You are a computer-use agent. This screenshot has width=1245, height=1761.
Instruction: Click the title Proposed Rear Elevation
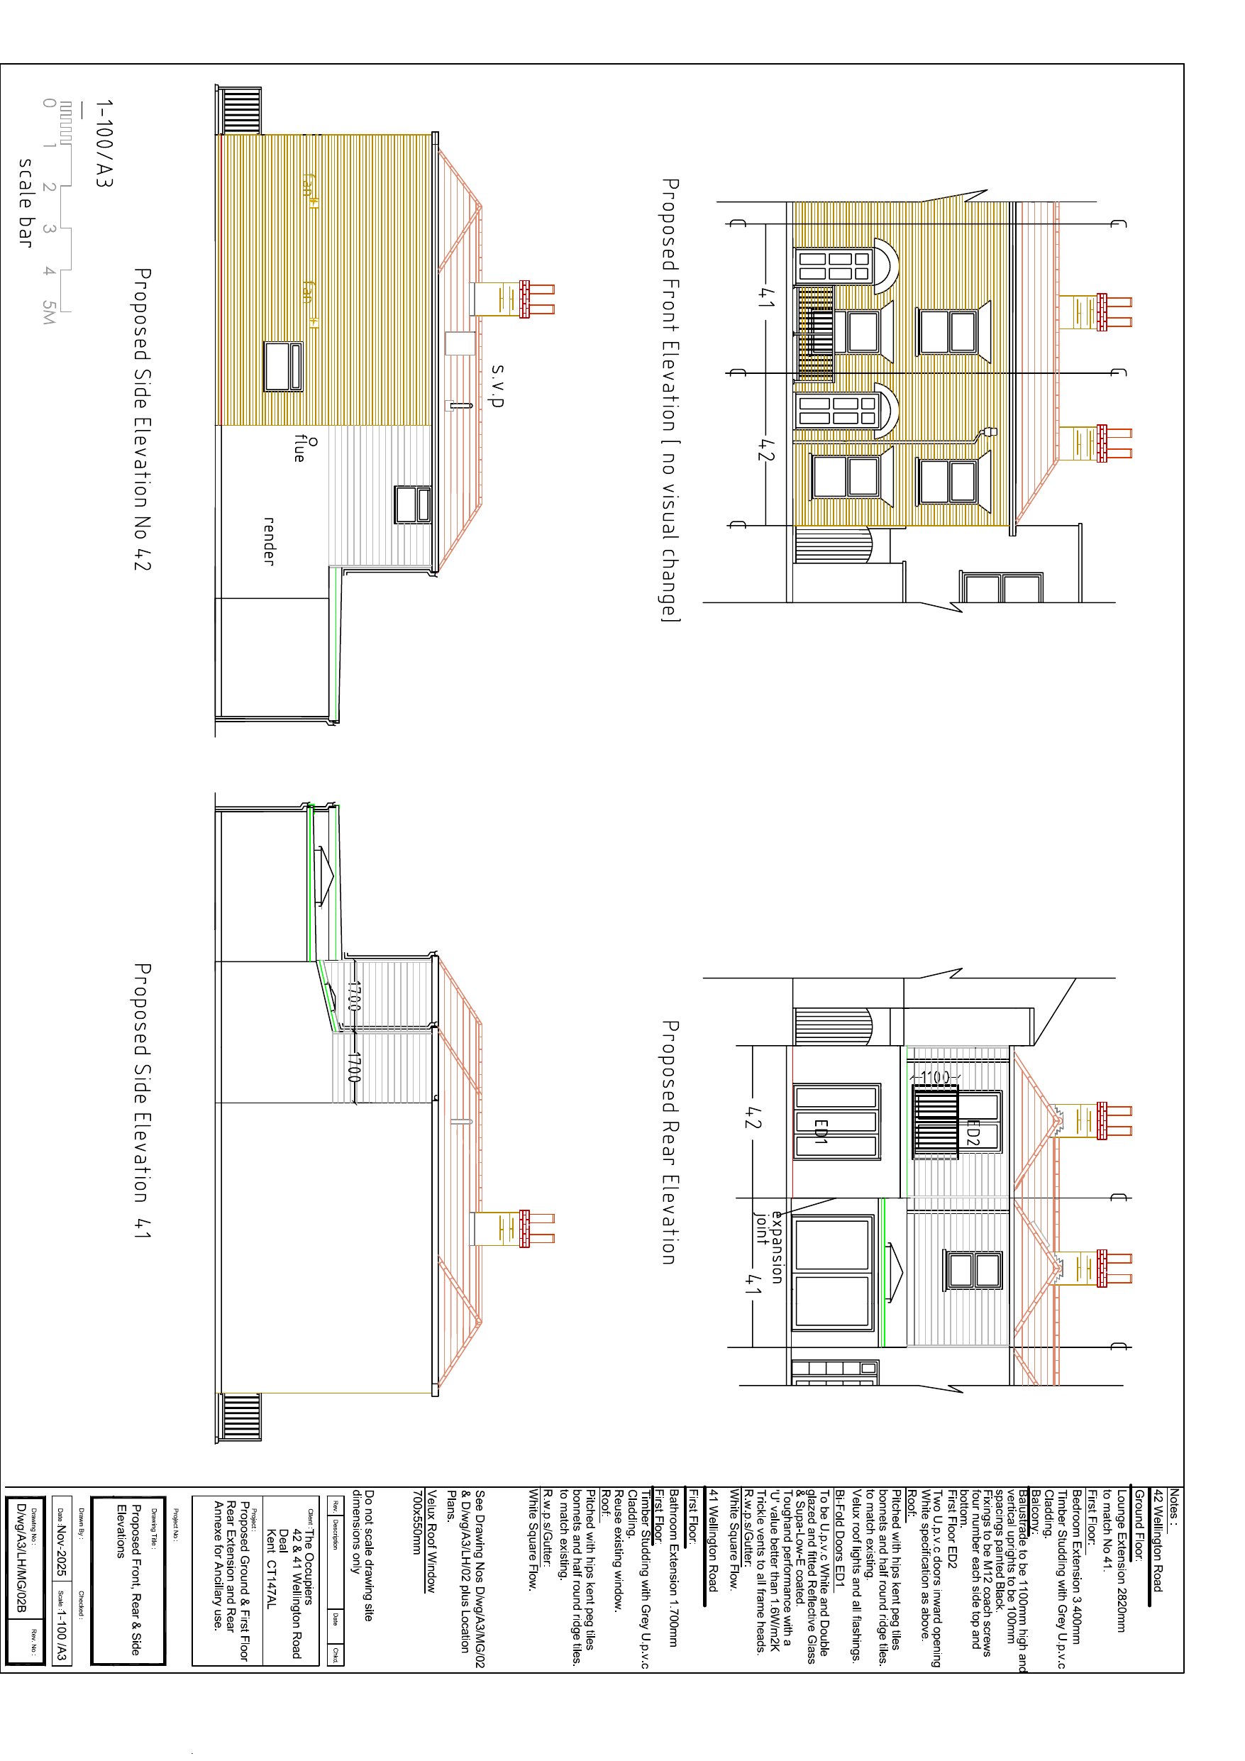click(669, 1142)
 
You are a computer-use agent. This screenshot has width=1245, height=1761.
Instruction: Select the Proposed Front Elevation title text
click(669, 399)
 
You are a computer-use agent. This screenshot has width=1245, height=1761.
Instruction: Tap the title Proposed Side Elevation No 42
click(142, 419)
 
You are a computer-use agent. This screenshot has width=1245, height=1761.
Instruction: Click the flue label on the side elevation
click(300, 448)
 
